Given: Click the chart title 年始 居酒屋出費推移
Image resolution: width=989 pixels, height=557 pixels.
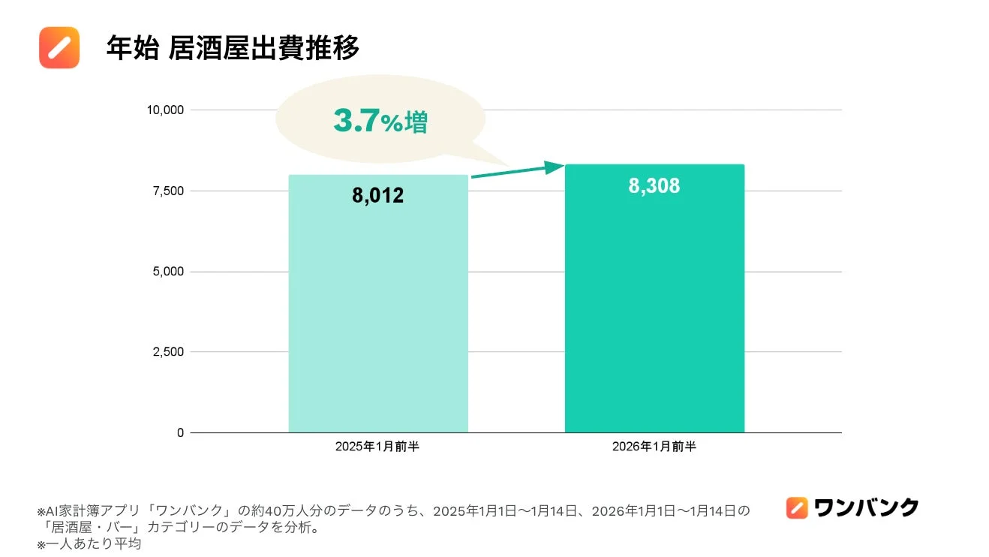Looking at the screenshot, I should coord(233,48).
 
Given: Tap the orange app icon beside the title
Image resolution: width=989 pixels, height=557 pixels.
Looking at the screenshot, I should coord(59,47).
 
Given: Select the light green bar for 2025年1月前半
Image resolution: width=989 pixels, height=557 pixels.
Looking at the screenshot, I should coord(378,315).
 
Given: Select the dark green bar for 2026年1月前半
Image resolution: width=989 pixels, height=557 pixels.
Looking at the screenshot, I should coord(654,315).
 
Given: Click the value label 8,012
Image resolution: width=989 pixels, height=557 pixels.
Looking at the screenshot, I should coord(378,196).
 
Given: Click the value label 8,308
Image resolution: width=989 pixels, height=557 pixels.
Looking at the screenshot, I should coord(654,186).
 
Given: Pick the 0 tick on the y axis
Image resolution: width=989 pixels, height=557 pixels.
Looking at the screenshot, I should coord(180,433).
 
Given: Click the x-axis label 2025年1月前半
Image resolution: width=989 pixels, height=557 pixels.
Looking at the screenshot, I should coord(378,447).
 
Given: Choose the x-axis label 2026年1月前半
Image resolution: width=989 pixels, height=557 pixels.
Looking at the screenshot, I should coord(654,447).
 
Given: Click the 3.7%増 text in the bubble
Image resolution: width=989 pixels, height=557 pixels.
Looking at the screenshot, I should coord(380,122).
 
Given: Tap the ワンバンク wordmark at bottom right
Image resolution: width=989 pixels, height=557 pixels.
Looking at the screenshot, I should coord(866,508).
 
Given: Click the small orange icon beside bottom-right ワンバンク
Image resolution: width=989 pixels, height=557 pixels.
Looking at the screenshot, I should coord(797,508).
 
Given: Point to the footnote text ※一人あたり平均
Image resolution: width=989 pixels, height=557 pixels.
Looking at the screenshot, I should coord(89,543).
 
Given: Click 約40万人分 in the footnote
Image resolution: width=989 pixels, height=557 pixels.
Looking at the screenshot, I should coord(271,511).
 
